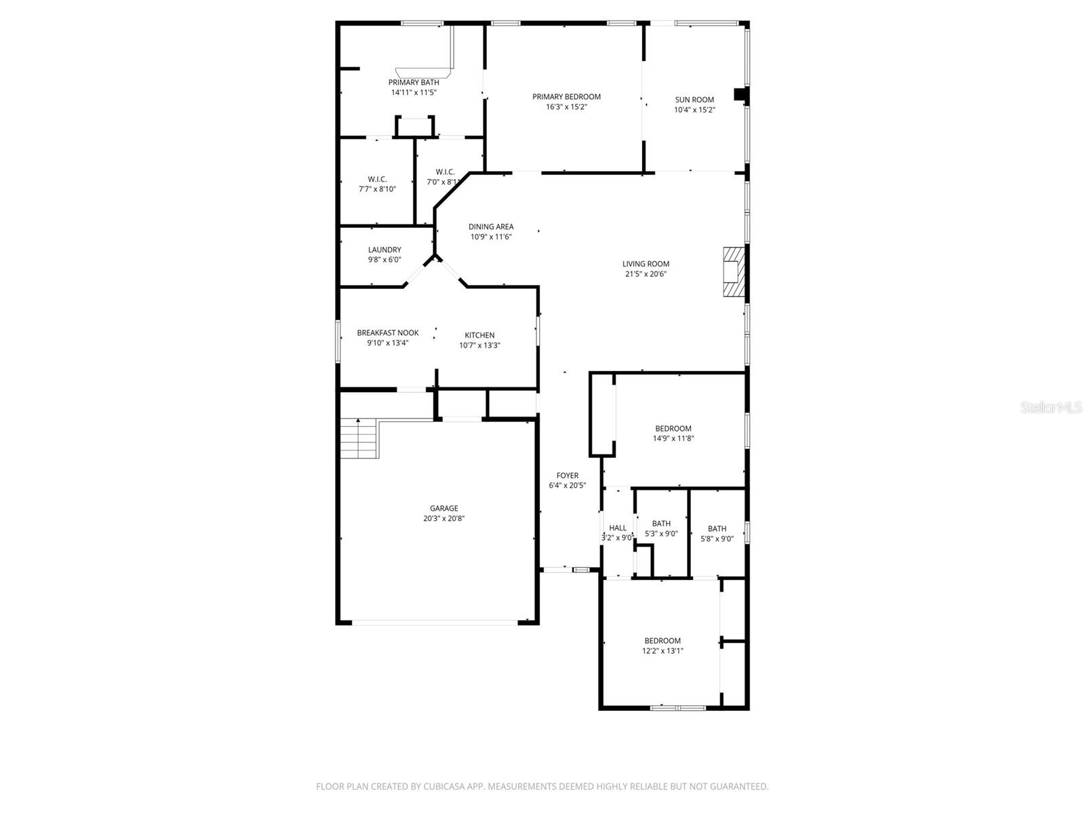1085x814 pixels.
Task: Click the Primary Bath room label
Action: pyautogui.click(x=414, y=83)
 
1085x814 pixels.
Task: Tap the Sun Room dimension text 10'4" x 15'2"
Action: pyautogui.click(x=694, y=110)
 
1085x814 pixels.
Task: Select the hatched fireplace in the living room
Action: pyautogui.click(x=734, y=272)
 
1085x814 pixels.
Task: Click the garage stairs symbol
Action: pyautogui.click(x=358, y=438)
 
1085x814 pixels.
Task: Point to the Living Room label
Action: pyautogui.click(x=646, y=264)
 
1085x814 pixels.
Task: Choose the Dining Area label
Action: pyautogui.click(x=491, y=227)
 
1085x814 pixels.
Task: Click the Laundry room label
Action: pyautogui.click(x=384, y=250)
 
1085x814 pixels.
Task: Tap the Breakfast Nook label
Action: pyautogui.click(x=388, y=332)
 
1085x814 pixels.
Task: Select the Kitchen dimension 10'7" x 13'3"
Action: pyautogui.click(x=479, y=345)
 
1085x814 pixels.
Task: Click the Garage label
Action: pyautogui.click(x=443, y=508)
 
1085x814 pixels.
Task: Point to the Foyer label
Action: pyautogui.click(x=568, y=476)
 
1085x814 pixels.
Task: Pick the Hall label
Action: pyautogui.click(x=618, y=528)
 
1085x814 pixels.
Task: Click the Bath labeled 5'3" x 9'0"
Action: pyautogui.click(x=661, y=523)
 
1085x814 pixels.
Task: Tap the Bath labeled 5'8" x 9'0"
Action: pyautogui.click(x=717, y=528)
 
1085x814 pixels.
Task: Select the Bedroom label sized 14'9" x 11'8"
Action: pyautogui.click(x=673, y=428)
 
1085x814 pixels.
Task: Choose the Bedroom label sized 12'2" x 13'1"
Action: pyautogui.click(x=663, y=640)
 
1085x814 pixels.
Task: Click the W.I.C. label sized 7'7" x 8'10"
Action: pyautogui.click(x=377, y=179)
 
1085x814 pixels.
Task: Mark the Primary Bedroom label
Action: pyautogui.click(x=566, y=96)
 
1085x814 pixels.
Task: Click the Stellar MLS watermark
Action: pyautogui.click(x=1051, y=408)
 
